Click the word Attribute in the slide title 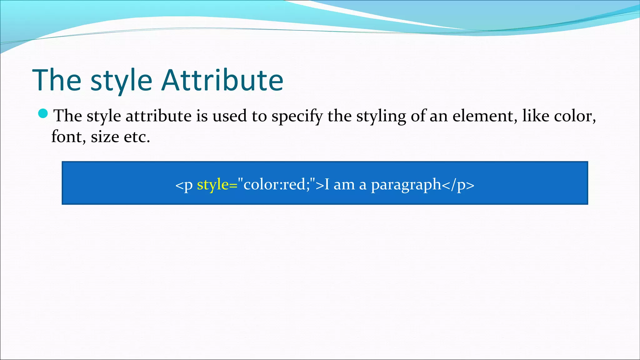pyautogui.click(x=223, y=80)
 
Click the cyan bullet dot pyautogui.click(x=43, y=113)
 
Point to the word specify pyautogui.click(x=297, y=116)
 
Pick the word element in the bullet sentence pyautogui.click(x=483, y=116)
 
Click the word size pyautogui.click(x=105, y=137)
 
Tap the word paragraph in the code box pyautogui.click(x=406, y=185)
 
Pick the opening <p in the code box pyautogui.click(x=184, y=185)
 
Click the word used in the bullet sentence pyautogui.click(x=230, y=116)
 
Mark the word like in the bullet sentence pyautogui.click(x=536, y=116)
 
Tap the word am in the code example pyautogui.click(x=345, y=184)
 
